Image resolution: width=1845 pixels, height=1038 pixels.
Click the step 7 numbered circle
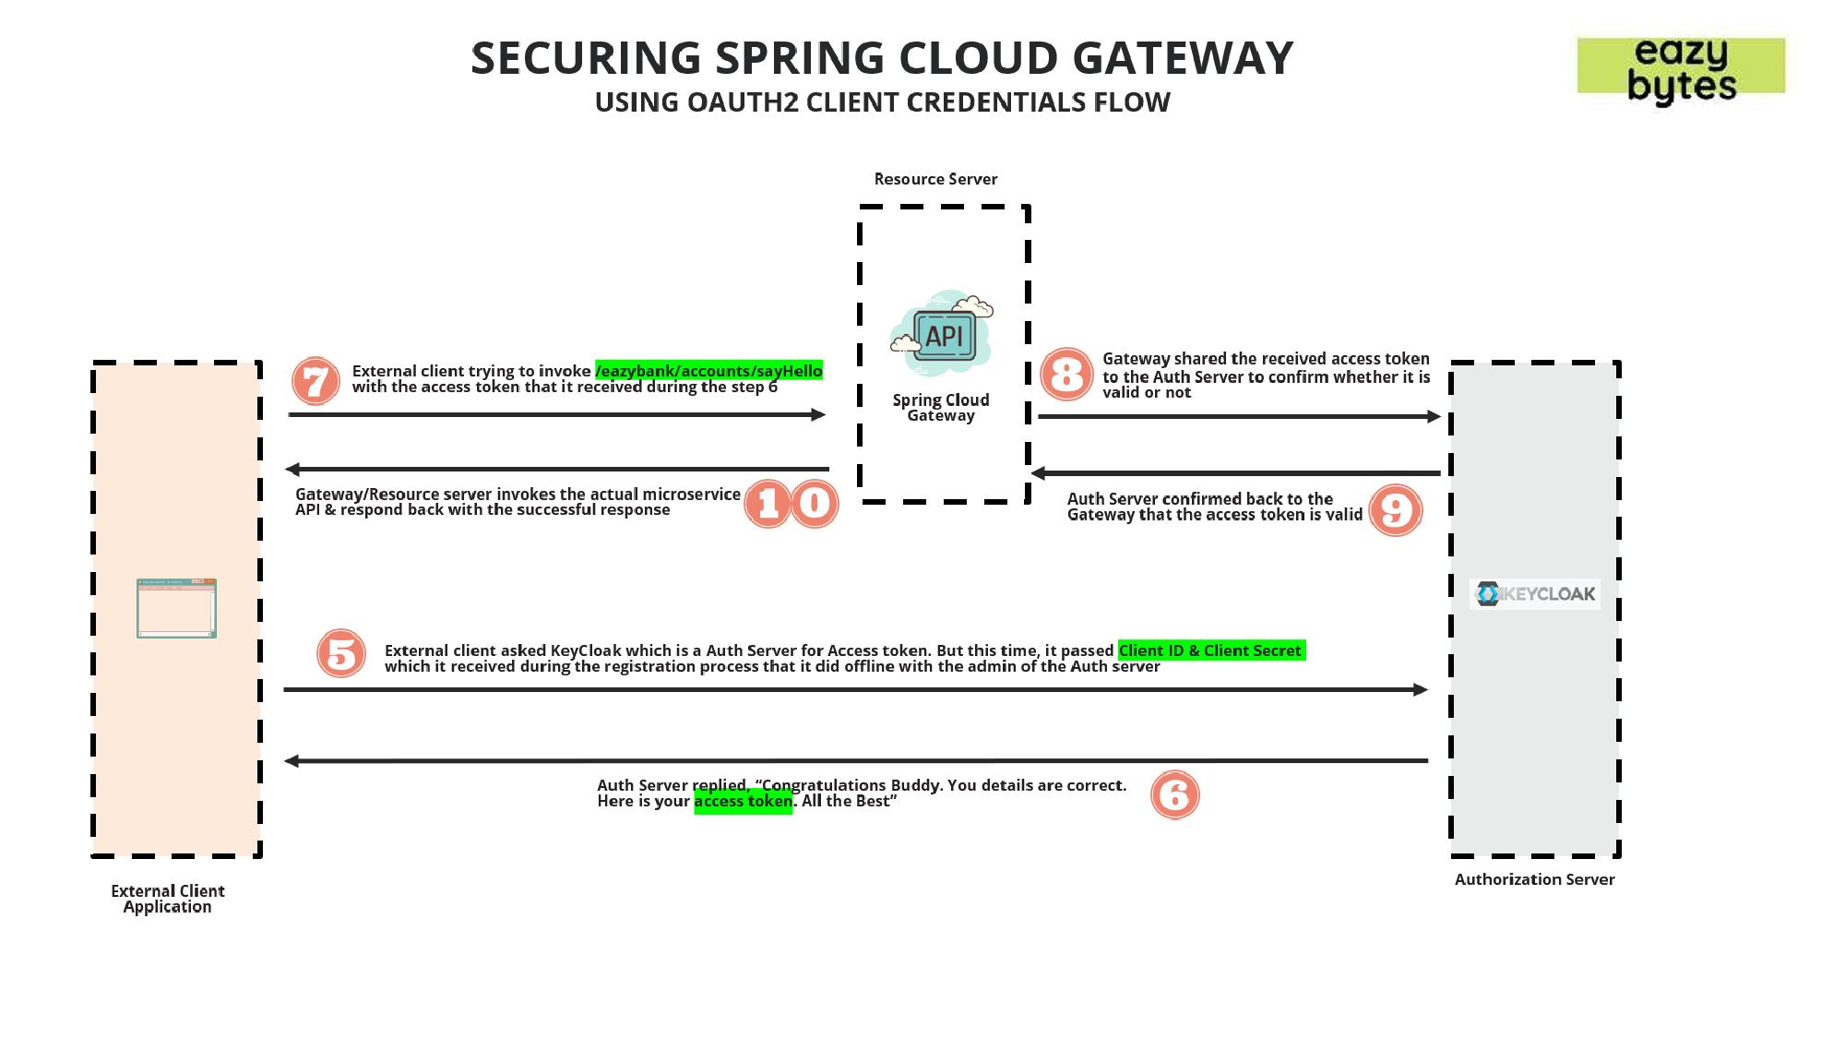[x=315, y=381]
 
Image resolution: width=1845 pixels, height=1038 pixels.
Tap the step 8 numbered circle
[x=1066, y=375]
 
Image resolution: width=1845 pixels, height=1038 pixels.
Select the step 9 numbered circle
[x=1395, y=510]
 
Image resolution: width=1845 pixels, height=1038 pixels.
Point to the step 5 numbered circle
[x=341, y=653]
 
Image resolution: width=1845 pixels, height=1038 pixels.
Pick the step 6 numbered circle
[x=1174, y=794]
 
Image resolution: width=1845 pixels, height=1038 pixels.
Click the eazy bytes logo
[x=1681, y=67]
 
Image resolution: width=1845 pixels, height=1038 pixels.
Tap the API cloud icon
[x=942, y=334]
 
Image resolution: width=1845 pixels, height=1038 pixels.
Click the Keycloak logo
[x=1535, y=593]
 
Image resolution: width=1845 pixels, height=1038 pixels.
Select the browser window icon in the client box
[x=176, y=608]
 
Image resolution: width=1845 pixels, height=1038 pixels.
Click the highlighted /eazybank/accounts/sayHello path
[x=708, y=371]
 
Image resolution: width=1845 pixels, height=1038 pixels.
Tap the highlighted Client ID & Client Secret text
[x=1210, y=650]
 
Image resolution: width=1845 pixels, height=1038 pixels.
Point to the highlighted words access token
[x=743, y=802]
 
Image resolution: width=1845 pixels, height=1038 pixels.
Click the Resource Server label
[x=935, y=179]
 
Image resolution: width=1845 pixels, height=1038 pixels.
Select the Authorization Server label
[x=1534, y=879]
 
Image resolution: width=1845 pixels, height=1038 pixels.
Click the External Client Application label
[x=168, y=899]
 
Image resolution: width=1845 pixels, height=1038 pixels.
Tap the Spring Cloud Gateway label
[x=941, y=407]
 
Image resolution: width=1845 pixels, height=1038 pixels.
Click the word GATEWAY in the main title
[x=1183, y=58]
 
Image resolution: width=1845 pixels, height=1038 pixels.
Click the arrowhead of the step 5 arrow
[x=1421, y=689]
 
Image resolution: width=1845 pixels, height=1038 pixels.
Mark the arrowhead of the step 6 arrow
[x=292, y=761]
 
